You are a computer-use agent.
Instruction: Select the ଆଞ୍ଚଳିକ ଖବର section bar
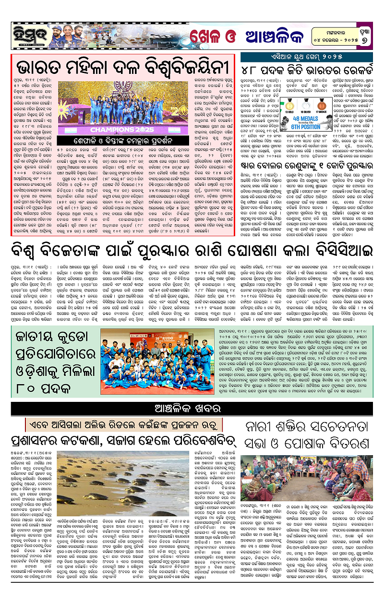coord(192,410)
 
